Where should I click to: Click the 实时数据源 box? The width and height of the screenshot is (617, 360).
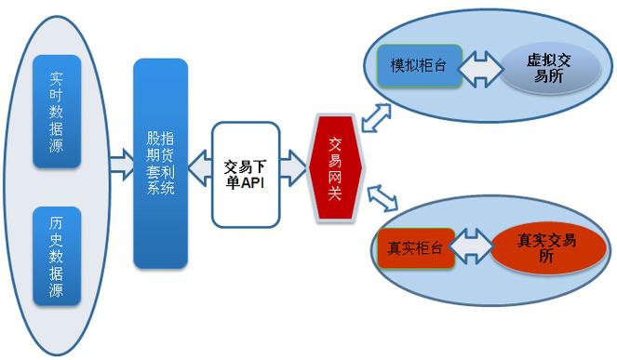click(57, 111)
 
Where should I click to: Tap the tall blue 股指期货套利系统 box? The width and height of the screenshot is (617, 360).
click(160, 164)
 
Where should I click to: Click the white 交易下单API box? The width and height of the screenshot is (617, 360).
click(246, 174)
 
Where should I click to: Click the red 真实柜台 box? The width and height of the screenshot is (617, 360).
click(415, 248)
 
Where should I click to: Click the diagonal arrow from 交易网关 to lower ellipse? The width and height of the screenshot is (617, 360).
click(382, 198)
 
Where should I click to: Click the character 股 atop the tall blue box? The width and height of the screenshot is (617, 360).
click(154, 137)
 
